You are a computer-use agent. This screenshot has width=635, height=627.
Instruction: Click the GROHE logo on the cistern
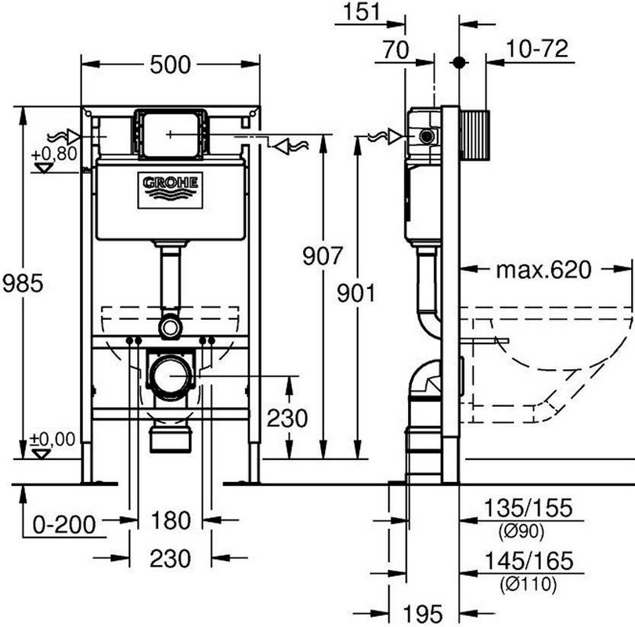(170, 190)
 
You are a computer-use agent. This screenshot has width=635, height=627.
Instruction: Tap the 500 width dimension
(170, 65)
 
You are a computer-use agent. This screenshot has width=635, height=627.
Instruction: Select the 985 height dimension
(23, 283)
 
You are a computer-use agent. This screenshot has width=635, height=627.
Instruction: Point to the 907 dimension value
(323, 256)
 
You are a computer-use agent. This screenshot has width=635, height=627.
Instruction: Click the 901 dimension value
(356, 293)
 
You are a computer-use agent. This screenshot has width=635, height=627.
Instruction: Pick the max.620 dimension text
(544, 270)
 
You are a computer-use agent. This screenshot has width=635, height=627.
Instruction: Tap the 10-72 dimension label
(537, 49)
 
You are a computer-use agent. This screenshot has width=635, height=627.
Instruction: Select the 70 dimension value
(395, 50)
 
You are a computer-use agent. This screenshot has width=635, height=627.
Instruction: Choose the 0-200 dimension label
(64, 525)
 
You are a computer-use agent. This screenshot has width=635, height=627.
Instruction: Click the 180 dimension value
(171, 520)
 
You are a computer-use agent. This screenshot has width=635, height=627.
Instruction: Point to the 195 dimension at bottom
(423, 614)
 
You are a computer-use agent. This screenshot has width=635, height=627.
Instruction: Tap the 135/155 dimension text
(529, 508)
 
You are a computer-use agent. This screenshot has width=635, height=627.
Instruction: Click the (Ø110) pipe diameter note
(528, 584)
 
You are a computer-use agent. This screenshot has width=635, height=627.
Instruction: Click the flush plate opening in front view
(170, 134)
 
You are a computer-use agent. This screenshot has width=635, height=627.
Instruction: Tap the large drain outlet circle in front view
(171, 375)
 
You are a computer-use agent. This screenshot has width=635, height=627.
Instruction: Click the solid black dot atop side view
(459, 63)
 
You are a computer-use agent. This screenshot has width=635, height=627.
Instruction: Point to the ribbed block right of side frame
(475, 134)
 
